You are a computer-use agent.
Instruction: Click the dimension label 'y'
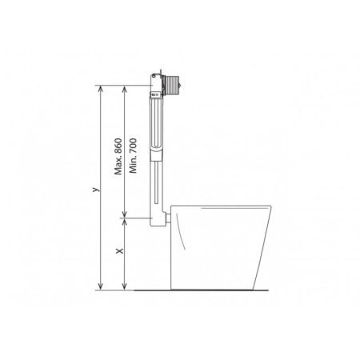pos(94,190)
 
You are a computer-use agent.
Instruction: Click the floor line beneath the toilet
pos(208,290)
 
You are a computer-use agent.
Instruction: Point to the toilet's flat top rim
pos(224,207)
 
